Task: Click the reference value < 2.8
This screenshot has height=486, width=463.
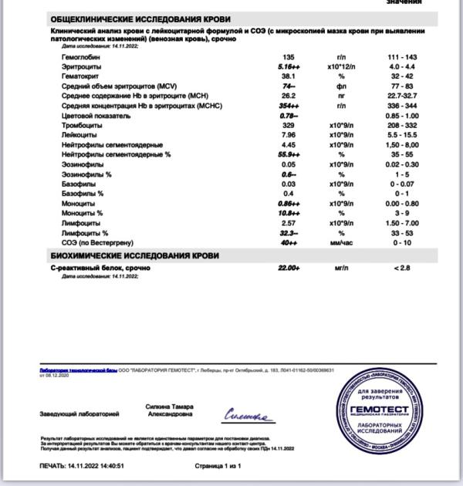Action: (x=403, y=268)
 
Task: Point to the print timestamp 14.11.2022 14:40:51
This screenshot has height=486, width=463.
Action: (x=82, y=467)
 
